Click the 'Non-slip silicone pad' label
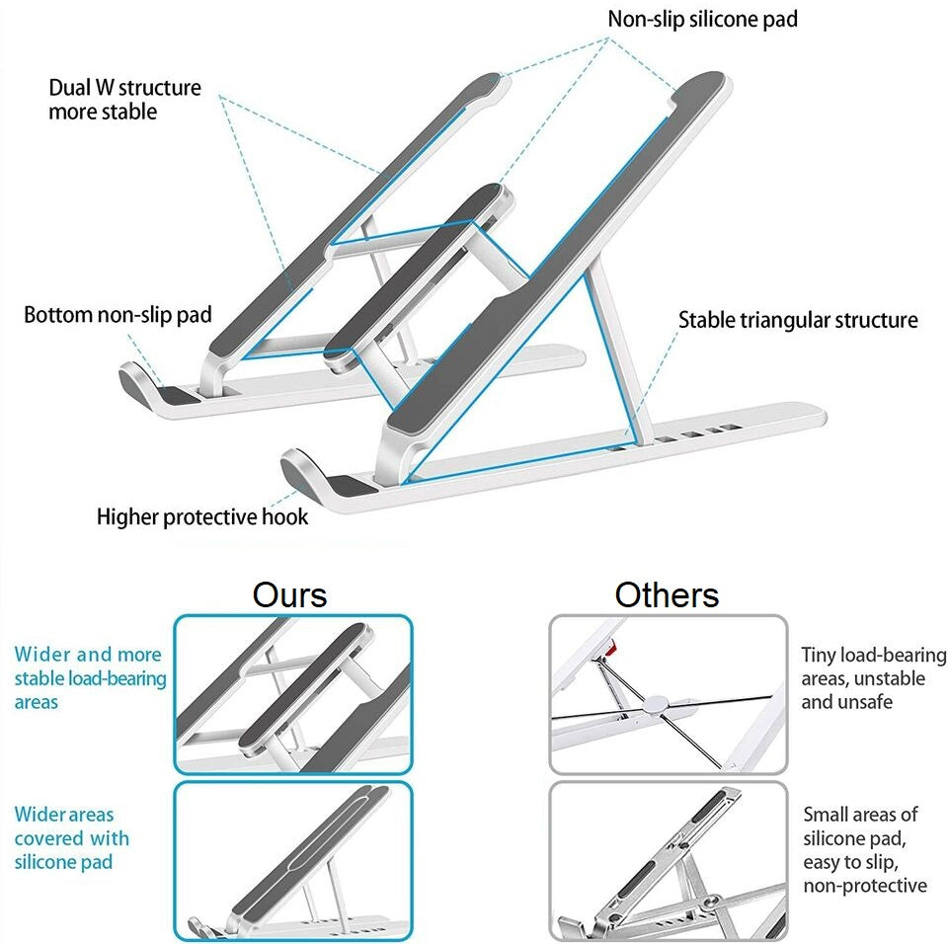click(702, 19)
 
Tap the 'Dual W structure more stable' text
click(124, 100)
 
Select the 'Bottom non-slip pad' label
click(118, 316)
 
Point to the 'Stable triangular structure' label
click(798, 321)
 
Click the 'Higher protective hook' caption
click(202, 517)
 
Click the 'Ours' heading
click(289, 595)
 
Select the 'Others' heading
click(667, 595)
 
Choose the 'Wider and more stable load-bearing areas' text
click(90, 678)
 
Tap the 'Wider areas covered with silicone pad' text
click(71, 838)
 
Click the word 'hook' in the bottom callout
click(284, 517)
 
